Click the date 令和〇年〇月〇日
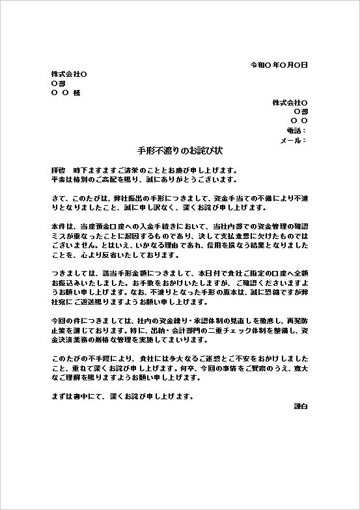click(279, 66)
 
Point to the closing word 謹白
click(301, 406)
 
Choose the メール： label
click(292, 140)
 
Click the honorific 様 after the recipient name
click(77, 93)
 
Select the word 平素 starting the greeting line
click(57, 179)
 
